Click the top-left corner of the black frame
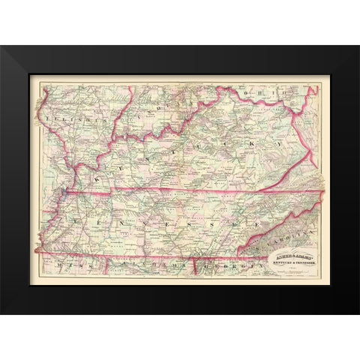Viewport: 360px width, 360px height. pos(1,46)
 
